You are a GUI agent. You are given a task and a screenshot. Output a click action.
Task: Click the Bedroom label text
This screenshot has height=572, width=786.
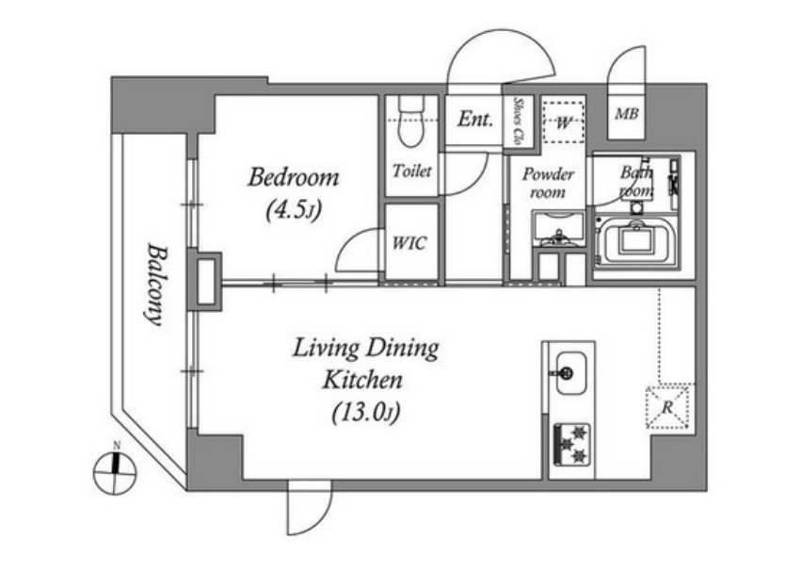(x=294, y=177)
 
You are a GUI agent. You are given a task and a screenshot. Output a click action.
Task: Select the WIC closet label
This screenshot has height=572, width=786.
(x=409, y=243)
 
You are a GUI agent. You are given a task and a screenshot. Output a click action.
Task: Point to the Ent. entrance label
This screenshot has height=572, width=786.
(x=475, y=120)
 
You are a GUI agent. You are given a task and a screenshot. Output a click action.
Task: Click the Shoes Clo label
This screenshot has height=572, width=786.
(x=517, y=121)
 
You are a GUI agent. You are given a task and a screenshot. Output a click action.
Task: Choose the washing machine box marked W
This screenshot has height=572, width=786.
(x=564, y=123)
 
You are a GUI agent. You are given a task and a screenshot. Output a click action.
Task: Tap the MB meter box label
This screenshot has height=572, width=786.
(x=627, y=114)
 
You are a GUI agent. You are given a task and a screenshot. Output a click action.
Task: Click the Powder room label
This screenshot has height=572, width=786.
(x=548, y=183)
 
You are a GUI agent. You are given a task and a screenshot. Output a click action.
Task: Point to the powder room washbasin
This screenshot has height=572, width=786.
(x=558, y=229)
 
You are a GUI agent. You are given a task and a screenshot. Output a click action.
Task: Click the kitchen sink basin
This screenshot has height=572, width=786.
(x=570, y=373)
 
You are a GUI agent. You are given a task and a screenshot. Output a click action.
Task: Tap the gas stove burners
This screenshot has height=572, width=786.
(x=572, y=445)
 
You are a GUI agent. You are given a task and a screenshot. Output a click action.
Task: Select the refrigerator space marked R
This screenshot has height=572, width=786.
(x=667, y=407)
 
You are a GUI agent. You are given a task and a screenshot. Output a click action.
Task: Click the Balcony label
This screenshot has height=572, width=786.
(x=154, y=284)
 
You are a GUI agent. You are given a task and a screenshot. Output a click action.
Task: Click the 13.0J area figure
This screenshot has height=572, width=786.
(x=366, y=414)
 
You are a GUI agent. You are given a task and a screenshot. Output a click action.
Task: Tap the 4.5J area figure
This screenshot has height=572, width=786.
(x=294, y=209)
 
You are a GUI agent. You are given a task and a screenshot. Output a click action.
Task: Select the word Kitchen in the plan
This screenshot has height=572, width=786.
(x=362, y=380)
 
